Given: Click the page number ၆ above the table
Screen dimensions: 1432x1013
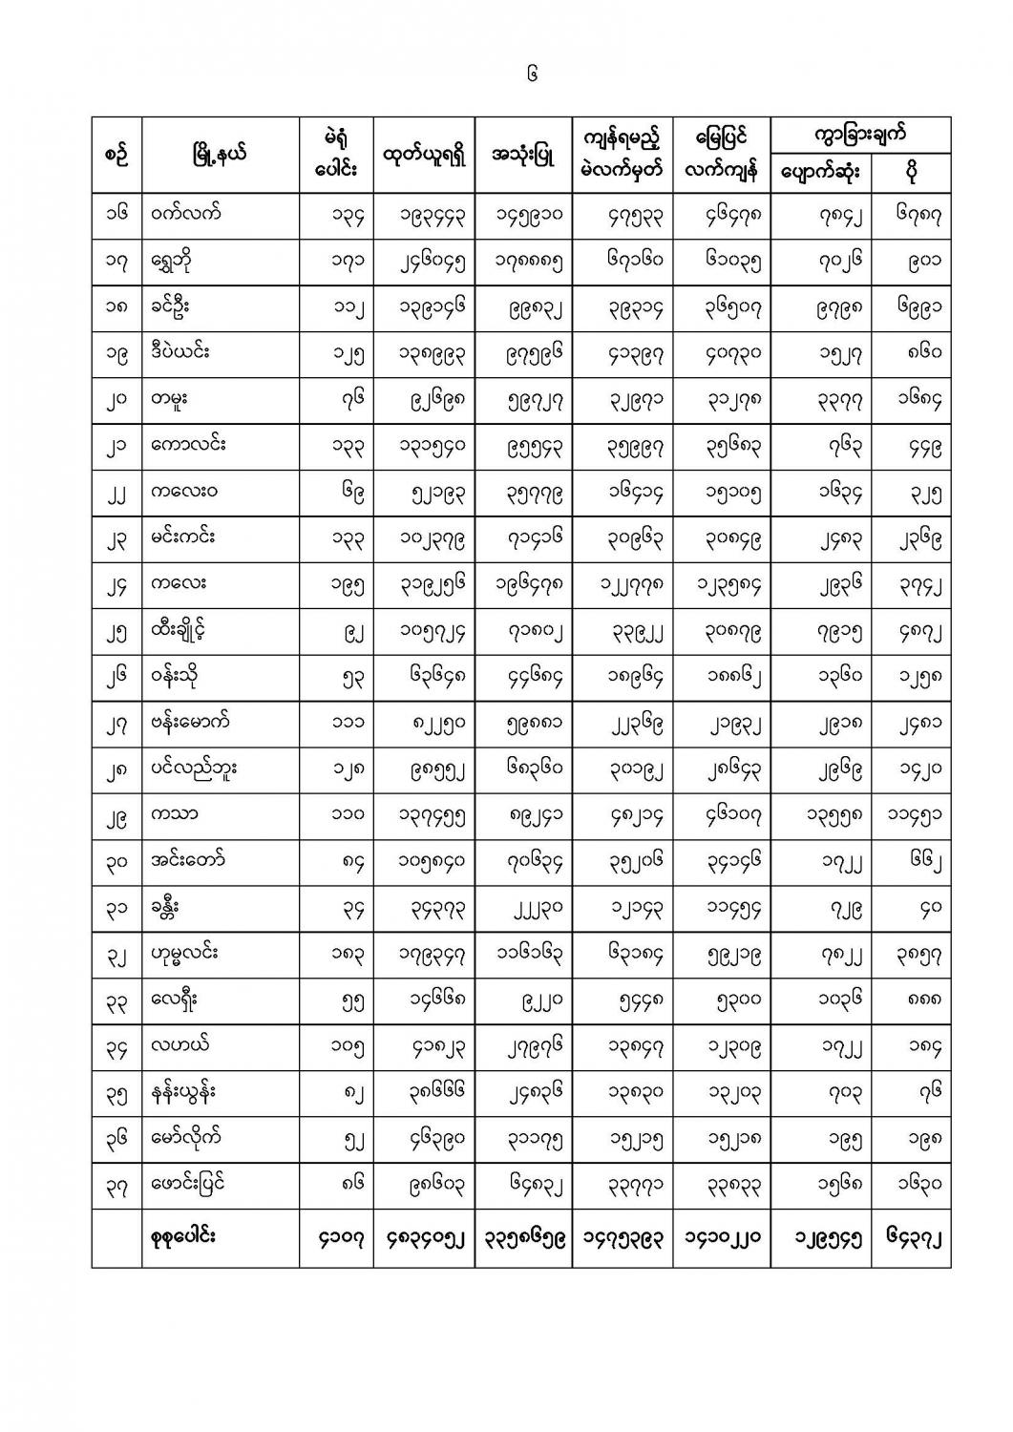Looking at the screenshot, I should point(532,74).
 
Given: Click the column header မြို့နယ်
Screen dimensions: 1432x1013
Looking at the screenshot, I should point(220,154).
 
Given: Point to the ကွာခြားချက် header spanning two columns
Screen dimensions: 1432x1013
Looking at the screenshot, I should point(860,134).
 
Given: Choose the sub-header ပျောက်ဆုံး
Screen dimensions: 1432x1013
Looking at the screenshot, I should point(820,173).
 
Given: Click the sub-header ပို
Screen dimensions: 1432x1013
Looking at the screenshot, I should point(912,173).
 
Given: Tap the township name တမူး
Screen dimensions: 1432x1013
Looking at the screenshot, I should point(168,399).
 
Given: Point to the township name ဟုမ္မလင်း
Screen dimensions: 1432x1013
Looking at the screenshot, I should point(184,953).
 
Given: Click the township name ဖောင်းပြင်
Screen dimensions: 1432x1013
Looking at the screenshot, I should point(188,1184).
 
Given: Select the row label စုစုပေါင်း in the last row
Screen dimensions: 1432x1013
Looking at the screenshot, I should point(183,1236).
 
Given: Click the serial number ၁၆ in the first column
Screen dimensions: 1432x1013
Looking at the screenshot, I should point(116,214).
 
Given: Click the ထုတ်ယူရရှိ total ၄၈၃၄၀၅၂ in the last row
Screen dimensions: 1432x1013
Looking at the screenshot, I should point(423,1239).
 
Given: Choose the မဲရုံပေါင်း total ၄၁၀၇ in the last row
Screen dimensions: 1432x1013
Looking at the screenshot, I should point(335,1239).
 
